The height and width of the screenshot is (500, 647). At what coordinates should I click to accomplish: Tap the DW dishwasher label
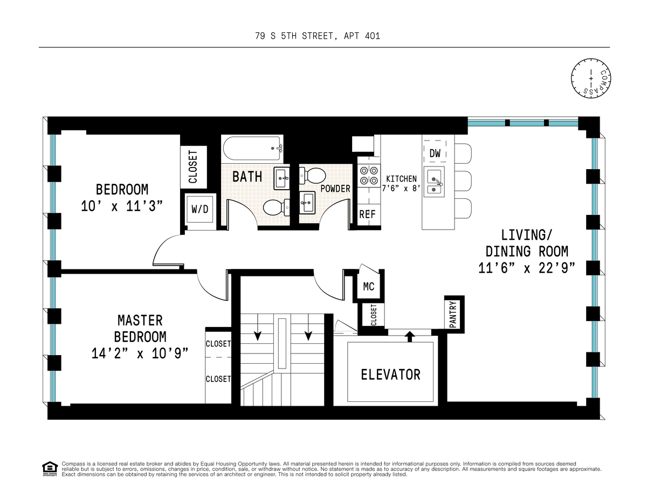click(435, 154)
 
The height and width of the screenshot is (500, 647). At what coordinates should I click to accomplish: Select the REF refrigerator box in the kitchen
click(369, 214)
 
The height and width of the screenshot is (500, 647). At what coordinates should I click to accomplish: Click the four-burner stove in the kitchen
click(369, 176)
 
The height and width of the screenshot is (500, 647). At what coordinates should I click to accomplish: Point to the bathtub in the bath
click(252, 148)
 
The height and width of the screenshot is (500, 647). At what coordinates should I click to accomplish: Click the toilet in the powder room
click(313, 176)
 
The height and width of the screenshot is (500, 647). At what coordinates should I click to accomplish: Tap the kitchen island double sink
click(435, 182)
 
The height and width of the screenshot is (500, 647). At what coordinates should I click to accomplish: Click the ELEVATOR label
click(390, 375)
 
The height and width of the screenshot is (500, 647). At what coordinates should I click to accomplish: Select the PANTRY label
click(453, 315)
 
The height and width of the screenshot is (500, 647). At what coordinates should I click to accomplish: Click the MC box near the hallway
click(369, 287)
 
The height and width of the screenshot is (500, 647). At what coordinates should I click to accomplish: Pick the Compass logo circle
click(591, 78)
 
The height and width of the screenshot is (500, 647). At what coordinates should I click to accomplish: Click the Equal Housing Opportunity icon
click(50, 469)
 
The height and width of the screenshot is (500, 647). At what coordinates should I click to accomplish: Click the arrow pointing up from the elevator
click(410, 336)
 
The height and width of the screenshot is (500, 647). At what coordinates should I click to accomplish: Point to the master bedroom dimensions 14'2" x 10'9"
click(140, 353)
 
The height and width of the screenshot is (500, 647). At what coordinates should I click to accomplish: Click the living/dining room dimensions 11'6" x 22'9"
click(526, 268)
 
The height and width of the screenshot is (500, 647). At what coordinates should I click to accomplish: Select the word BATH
click(247, 177)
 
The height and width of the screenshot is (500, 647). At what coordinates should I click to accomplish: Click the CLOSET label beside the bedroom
click(193, 167)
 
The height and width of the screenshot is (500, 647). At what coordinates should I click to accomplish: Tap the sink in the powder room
click(307, 203)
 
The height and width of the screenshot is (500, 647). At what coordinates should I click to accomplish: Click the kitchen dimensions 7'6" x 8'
click(401, 188)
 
